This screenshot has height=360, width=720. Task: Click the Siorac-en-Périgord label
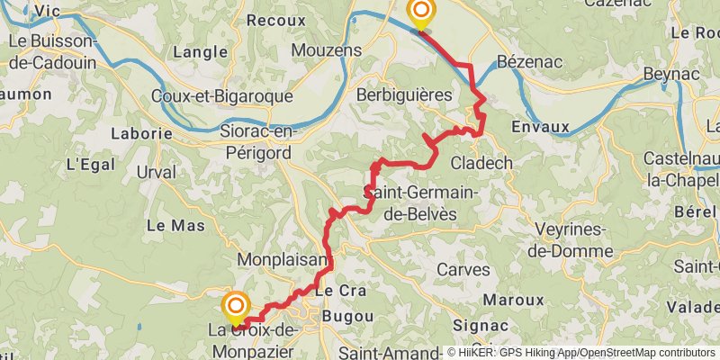point(256,141)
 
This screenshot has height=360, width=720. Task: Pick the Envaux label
point(540,126)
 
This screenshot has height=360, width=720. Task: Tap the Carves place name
point(463,269)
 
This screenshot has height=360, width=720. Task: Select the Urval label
point(157,172)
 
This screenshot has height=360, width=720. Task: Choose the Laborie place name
point(141,133)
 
